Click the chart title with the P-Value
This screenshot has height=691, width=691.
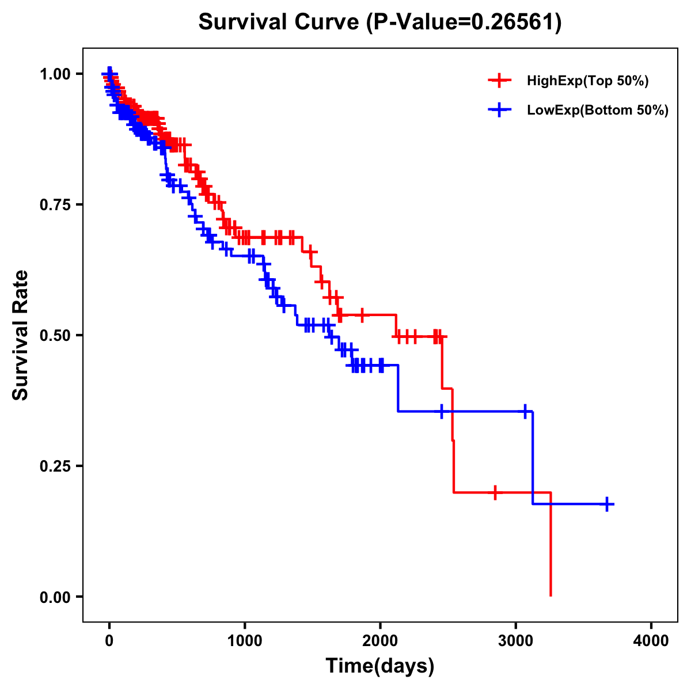pyautogui.click(x=380, y=22)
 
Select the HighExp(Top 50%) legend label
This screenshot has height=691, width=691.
pyautogui.click(x=587, y=81)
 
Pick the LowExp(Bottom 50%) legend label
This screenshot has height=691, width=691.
pyautogui.click(x=598, y=110)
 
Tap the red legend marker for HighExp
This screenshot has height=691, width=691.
pyautogui.click(x=499, y=81)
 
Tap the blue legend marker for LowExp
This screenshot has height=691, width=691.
pyautogui.click(x=499, y=110)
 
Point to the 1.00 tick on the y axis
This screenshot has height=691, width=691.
pyautogui.click(x=55, y=74)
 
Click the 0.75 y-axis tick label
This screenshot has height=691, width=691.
pyautogui.click(x=55, y=204)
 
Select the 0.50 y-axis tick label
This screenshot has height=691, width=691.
pyautogui.click(x=55, y=335)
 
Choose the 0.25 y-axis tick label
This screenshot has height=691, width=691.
pyautogui.click(x=55, y=466)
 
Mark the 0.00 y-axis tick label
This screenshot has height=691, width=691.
pyautogui.click(x=55, y=597)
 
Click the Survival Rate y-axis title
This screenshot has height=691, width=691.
pyautogui.click(x=21, y=335)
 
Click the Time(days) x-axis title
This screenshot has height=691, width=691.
pyautogui.click(x=380, y=666)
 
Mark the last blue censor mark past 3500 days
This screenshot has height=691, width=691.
pyautogui.click(x=607, y=504)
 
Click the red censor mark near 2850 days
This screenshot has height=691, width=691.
pyautogui.click(x=495, y=492)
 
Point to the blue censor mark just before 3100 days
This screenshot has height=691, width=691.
pyautogui.click(x=525, y=411)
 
